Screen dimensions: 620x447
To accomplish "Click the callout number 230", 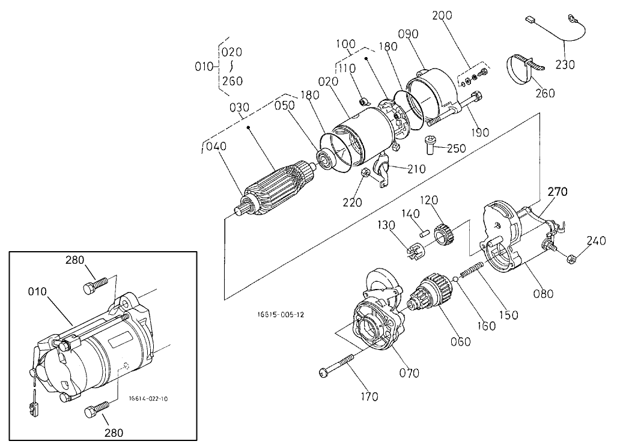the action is pyautogui.click(x=565, y=64).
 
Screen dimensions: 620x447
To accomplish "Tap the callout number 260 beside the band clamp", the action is pyautogui.click(x=545, y=93).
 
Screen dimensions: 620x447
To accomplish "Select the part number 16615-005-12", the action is pyautogui.click(x=281, y=315).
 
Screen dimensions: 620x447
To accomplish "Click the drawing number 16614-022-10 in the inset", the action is pyautogui.click(x=148, y=398).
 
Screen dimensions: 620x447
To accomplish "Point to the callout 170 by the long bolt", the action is pyautogui.click(x=369, y=396).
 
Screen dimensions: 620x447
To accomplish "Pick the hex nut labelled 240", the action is pyautogui.click(x=571, y=260).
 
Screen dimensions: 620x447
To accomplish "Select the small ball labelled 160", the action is pyautogui.click(x=455, y=279).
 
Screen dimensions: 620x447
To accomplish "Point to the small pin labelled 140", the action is pyautogui.click(x=424, y=232).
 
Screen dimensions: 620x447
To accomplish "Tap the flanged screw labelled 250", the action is pyautogui.click(x=430, y=145).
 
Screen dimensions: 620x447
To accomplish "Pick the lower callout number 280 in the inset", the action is pyautogui.click(x=114, y=433).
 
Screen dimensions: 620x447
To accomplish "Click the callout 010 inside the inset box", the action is pyautogui.click(x=37, y=291).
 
